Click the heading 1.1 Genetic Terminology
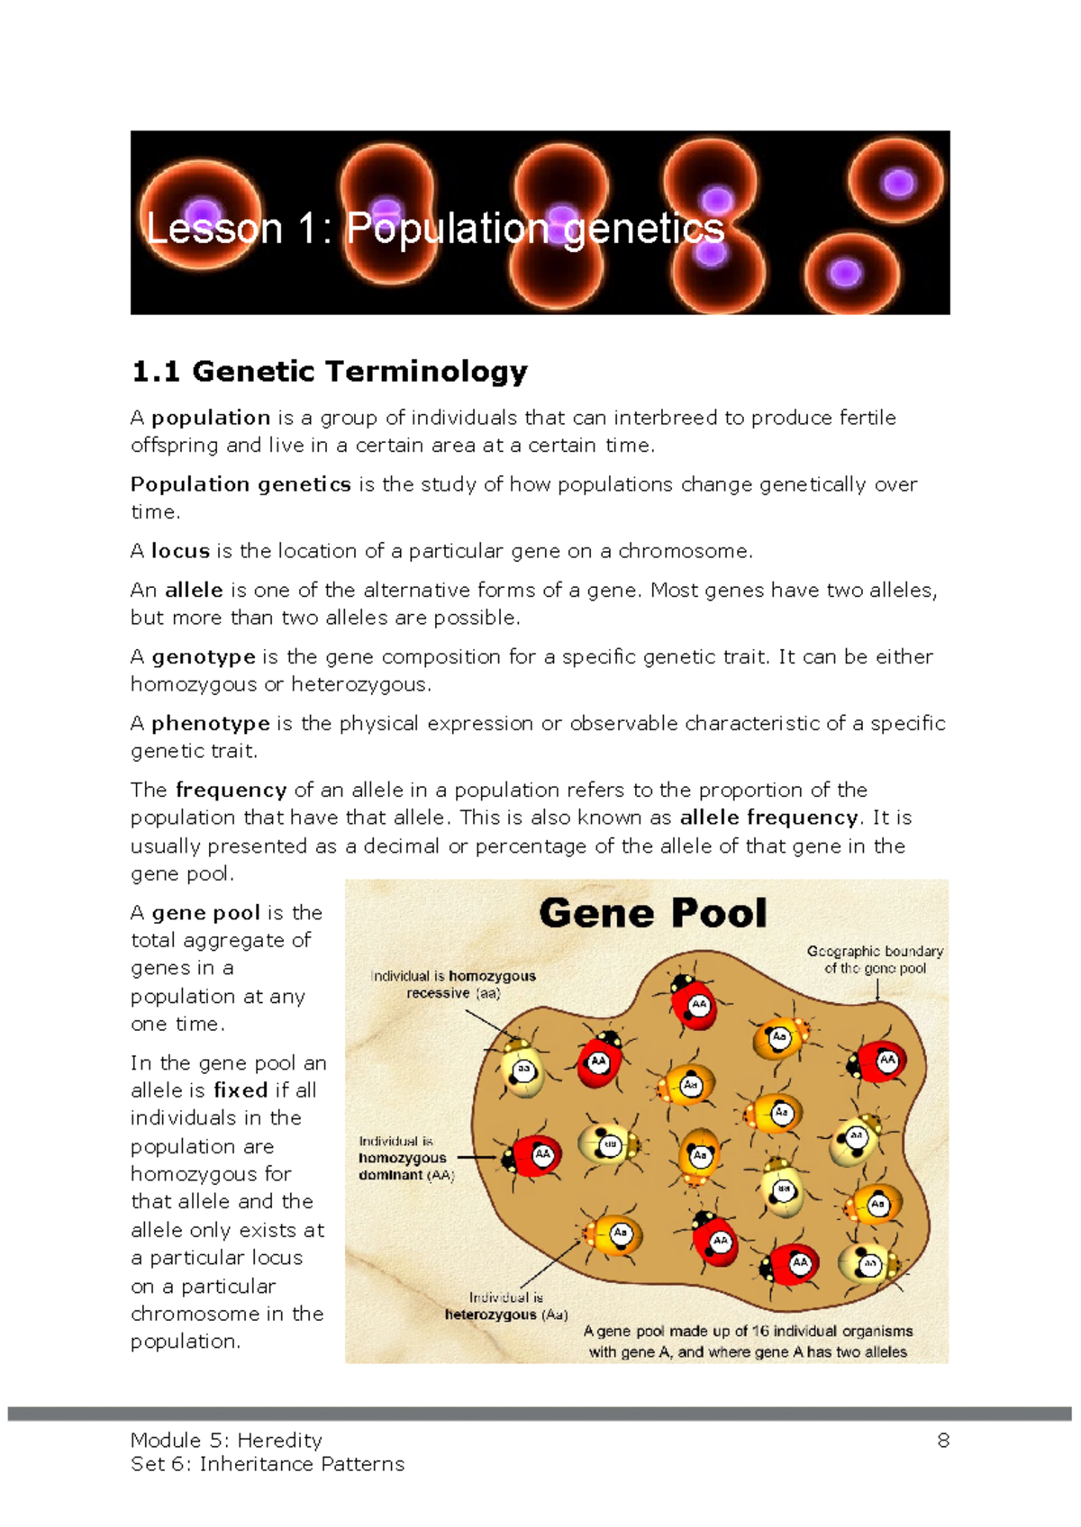329,371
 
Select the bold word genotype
203,657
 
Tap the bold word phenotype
210,724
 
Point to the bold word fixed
241,1090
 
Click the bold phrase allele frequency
768,818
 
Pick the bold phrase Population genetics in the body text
241,484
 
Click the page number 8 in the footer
943,1441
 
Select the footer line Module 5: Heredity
226,1441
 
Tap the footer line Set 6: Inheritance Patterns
268,1464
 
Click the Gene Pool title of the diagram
653,913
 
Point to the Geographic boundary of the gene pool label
875,960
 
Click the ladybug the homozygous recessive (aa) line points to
522,1070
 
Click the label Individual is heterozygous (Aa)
505,1306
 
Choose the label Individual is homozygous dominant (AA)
405,1158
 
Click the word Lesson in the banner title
214,229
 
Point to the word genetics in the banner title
643,229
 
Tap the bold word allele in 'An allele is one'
194,591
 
